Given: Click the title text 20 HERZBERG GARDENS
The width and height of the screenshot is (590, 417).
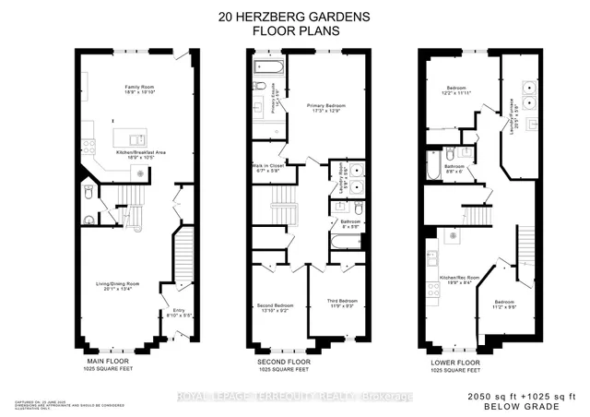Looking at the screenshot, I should pos(294,15).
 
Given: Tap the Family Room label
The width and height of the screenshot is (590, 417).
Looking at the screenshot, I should pos(139,89).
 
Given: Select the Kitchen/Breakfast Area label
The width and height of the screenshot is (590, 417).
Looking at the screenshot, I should pos(139,154).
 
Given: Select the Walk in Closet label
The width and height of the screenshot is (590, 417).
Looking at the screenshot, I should pos(265,168).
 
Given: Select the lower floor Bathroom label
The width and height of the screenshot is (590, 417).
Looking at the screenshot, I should pos(454,168).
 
